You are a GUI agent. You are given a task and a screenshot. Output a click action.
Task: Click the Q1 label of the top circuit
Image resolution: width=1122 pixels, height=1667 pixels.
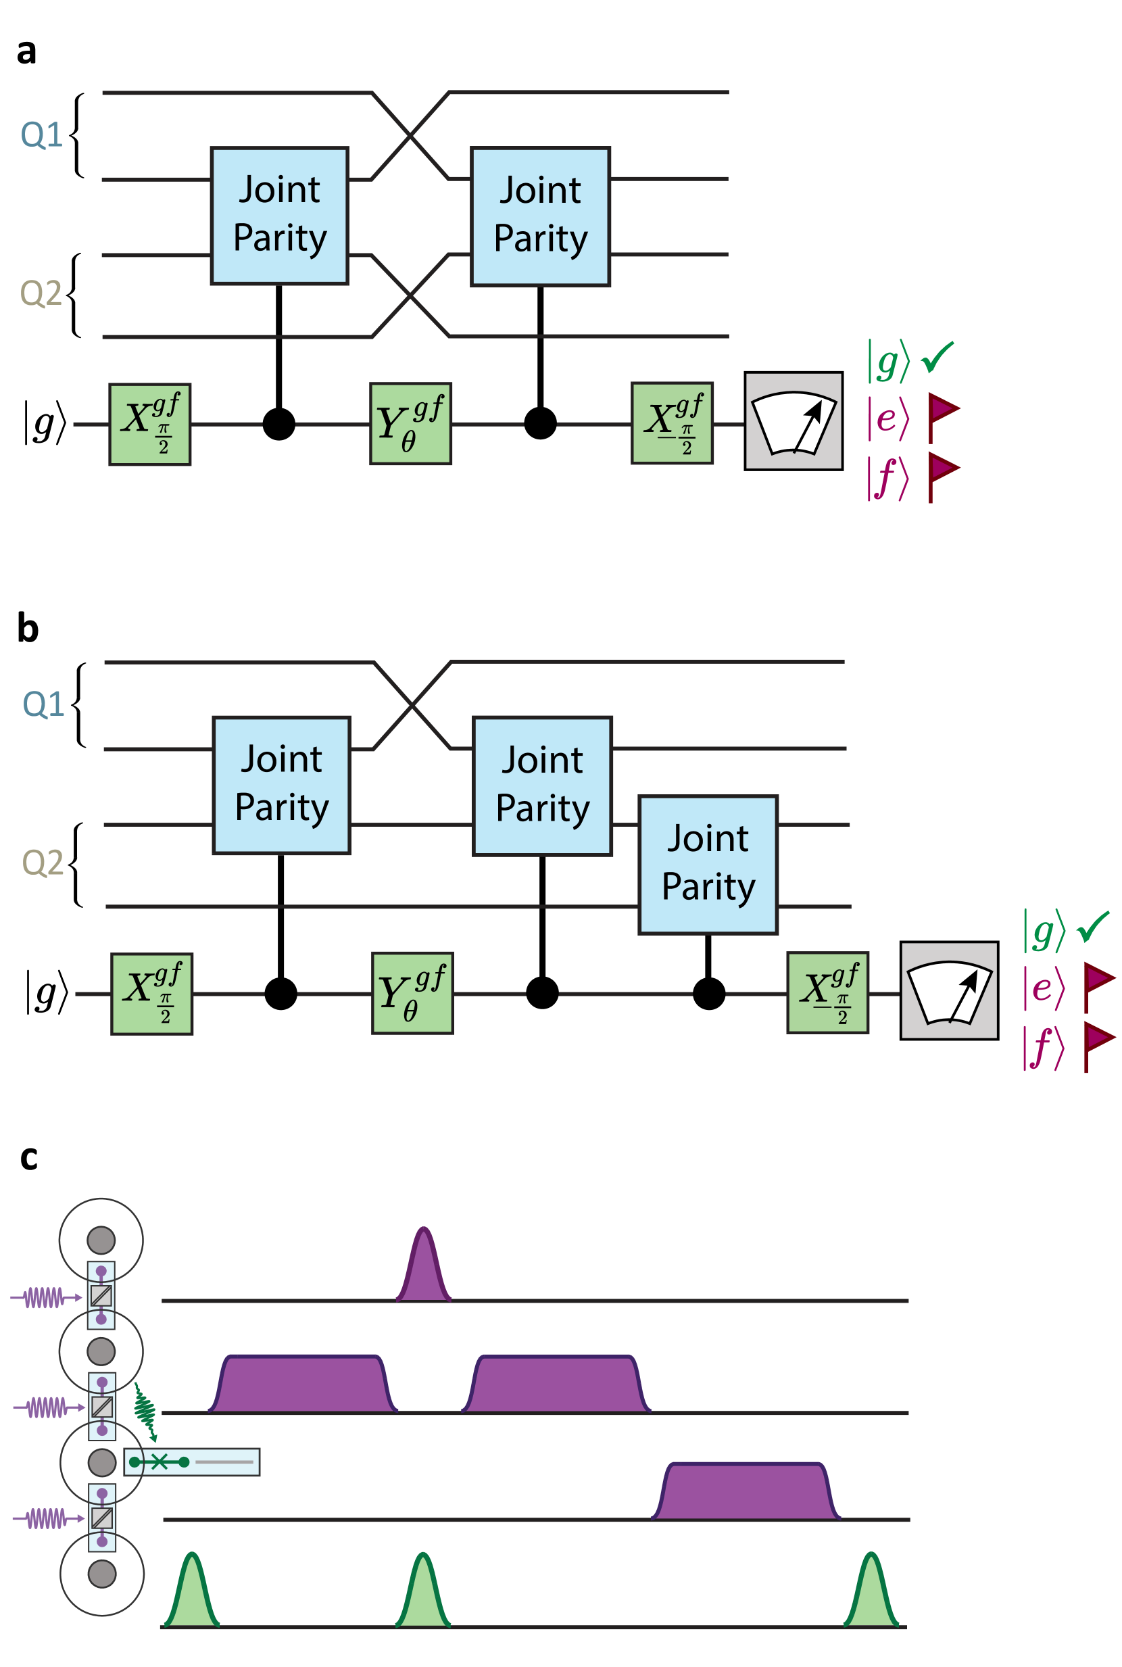point(41,135)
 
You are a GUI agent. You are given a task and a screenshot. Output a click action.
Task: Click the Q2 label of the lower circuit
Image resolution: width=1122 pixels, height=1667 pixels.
point(43,862)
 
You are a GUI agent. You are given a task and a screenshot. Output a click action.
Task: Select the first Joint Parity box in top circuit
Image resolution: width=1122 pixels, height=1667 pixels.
point(279,216)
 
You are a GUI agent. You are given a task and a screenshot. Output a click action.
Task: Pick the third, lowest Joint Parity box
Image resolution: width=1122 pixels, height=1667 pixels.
point(708,865)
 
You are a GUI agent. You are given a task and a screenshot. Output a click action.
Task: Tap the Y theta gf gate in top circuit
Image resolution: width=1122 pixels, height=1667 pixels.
point(410,424)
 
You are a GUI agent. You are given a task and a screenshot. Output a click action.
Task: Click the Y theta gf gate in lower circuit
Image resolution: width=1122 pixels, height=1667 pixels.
point(412,992)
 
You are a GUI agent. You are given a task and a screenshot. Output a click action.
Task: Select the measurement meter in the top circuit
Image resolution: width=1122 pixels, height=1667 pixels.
point(793,420)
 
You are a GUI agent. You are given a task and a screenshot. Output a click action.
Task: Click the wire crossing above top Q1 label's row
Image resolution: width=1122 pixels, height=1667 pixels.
point(410,135)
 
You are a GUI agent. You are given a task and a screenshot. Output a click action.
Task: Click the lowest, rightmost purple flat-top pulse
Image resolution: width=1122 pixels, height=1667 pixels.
point(746,1491)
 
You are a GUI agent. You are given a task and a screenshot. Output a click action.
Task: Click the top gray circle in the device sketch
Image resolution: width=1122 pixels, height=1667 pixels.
point(101,1240)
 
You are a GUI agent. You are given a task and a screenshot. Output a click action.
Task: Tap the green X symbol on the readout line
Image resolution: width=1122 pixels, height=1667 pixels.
point(159,1461)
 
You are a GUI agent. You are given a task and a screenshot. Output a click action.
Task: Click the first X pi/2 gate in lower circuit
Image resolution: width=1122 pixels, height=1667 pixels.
point(151,993)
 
